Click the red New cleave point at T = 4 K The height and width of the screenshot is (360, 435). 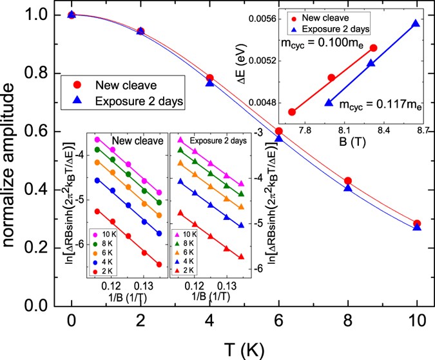pos(209,78)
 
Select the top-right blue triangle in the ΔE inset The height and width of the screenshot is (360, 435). pos(415,24)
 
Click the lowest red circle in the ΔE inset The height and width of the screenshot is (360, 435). pos(291,112)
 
